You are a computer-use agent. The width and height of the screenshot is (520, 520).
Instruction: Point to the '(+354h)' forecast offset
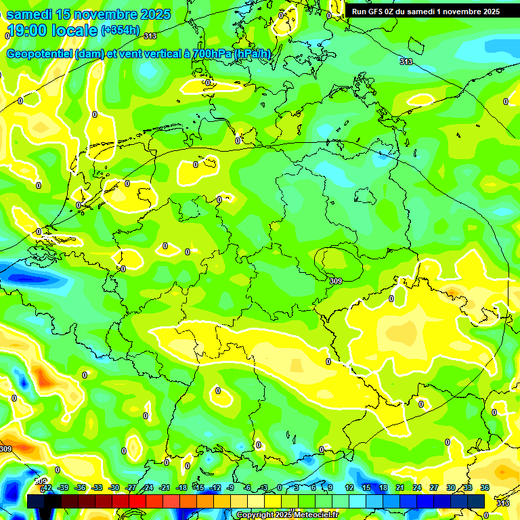[121, 30]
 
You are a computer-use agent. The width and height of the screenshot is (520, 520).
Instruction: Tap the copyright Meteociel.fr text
[287, 515]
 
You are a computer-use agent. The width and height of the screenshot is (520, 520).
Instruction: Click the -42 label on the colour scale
[46, 487]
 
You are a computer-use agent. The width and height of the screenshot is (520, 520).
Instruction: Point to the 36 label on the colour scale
[485, 487]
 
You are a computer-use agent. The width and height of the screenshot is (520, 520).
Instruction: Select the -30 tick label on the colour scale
[114, 487]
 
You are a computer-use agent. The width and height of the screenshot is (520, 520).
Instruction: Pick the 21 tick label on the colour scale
[400, 487]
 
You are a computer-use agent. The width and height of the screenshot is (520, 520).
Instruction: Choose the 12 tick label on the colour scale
[349, 487]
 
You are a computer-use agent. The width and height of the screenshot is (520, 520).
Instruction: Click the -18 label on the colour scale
[181, 487]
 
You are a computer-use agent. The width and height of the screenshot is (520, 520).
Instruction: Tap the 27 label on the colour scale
[434, 487]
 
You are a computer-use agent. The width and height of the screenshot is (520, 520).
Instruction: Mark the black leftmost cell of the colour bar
[35, 501]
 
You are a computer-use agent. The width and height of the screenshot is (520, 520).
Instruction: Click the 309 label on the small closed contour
[336, 280]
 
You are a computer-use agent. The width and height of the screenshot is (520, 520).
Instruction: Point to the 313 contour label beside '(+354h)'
[150, 36]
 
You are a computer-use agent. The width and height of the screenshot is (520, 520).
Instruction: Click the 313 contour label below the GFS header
[406, 62]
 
